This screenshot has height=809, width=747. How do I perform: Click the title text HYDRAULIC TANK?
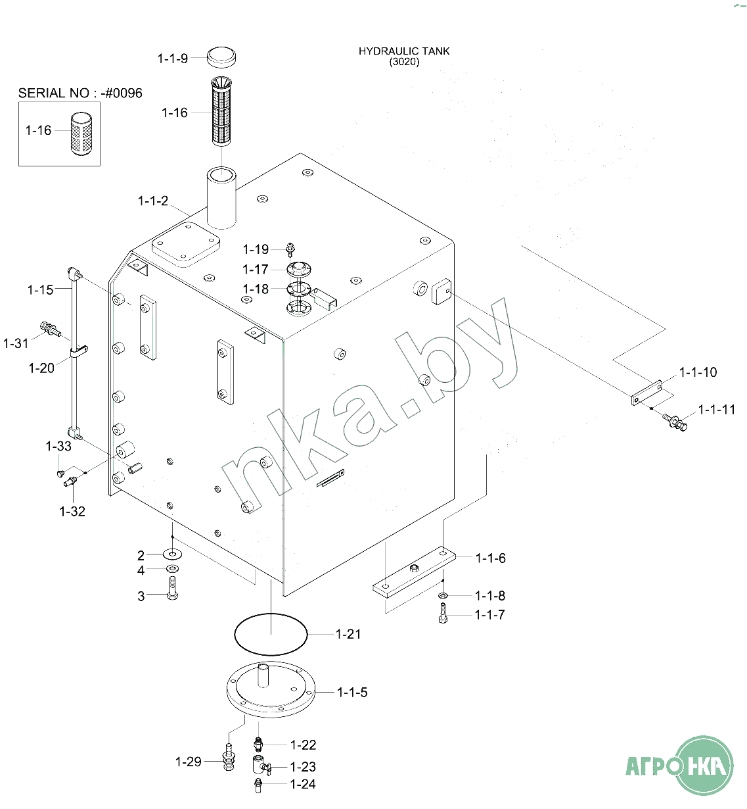click(404, 51)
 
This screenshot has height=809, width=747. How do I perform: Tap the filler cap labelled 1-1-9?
click(221, 57)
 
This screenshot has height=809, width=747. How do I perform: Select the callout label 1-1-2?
click(153, 201)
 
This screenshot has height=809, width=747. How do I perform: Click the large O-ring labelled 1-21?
click(271, 634)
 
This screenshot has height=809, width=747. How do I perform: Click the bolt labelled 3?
click(172, 588)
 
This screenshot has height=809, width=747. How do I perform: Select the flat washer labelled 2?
click(172, 554)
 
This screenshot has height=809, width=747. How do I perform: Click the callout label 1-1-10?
click(698, 372)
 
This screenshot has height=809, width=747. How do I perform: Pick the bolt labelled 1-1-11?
click(675, 422)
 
